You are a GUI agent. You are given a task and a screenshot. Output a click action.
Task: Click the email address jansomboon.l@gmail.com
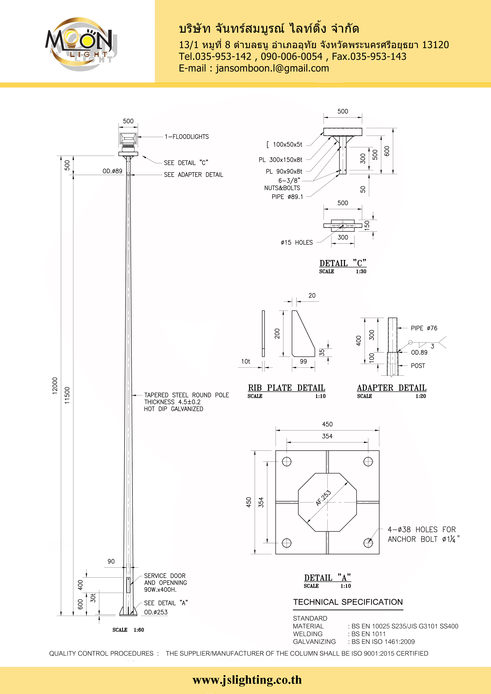(272, 68)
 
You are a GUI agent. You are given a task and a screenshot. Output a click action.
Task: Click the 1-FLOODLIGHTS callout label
(187, 137)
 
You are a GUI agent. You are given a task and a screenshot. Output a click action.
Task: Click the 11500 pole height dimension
(67, 395)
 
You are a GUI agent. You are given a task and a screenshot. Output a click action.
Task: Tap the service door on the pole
(128, 585)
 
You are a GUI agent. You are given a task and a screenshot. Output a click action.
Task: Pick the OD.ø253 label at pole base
(156, 612)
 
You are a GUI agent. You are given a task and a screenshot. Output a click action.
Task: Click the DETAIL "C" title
(343, 263)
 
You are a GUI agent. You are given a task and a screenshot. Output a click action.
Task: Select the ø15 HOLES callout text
(296, 242)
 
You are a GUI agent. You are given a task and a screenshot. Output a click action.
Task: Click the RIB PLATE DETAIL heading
(286, 388)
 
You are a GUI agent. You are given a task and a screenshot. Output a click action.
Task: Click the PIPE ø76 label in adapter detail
(424, 328)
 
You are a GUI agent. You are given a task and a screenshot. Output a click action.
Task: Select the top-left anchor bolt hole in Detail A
(286, 462)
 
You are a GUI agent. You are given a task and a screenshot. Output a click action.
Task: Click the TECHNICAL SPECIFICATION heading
(348, 602)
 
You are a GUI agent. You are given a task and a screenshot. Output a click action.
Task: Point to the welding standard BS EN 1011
(368, 634)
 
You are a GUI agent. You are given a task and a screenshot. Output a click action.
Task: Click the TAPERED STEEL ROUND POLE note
(186, 395)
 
